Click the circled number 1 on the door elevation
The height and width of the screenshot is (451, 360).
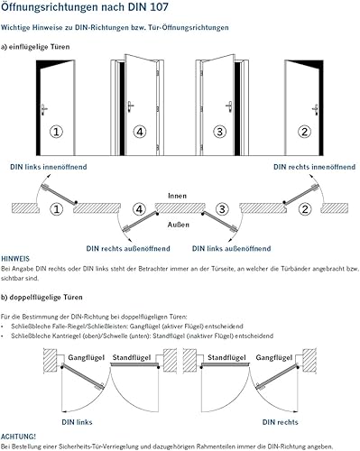(56, 132)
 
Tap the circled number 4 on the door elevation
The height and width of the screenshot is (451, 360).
(140, 132)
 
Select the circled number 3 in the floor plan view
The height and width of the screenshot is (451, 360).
(222, 209)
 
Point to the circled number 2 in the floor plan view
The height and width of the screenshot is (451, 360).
(305, 209)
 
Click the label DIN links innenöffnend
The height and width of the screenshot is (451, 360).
(49, 167)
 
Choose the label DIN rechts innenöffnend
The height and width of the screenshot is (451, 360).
(314, 167)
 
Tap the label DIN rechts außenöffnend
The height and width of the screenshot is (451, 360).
(128, 249)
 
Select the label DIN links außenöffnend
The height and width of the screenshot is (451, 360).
(231, 249)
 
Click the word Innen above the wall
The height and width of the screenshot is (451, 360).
(177, 196)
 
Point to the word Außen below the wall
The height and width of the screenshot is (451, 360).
(179, 225)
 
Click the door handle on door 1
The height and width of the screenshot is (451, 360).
(44, 109)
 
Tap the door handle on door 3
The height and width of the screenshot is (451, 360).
(229, 106)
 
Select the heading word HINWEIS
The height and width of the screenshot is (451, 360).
(15, 259)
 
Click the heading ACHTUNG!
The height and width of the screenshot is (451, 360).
(18, 437)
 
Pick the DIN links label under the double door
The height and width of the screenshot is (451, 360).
(77, 422)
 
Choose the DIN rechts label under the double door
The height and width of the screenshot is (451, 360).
(280, 422)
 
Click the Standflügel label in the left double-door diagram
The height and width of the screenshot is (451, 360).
(132, 357)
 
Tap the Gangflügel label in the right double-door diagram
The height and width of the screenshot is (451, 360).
(274, 357)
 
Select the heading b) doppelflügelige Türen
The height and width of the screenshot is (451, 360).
(42, 298)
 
